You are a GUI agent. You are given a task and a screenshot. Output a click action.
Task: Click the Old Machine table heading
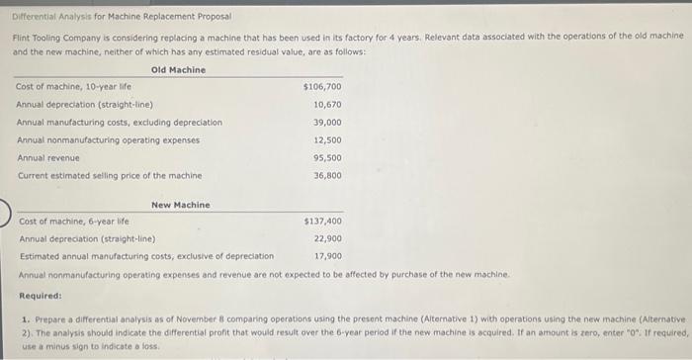[x=178, y=70]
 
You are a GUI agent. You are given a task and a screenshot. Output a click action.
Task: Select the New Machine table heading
[x=180, y=205]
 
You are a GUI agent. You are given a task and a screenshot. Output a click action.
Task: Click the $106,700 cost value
[x=322, y=87]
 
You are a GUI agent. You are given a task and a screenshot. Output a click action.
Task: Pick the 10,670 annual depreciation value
[x=327, y=104]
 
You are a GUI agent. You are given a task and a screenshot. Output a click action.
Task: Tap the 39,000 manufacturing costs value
[x=327, y=123]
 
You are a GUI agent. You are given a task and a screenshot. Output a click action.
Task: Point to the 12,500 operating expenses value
[x=327, y=140]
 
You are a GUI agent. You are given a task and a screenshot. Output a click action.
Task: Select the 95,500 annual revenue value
[x=327, y=158]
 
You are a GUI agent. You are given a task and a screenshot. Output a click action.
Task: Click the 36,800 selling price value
[x=327, y=176]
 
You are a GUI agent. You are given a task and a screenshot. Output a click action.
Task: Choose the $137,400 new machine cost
[x=322, y=222]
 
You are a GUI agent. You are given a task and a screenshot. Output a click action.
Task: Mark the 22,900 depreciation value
[x=327, y=238]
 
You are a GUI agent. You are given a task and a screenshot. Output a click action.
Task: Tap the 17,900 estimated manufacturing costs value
[x=327, y=256]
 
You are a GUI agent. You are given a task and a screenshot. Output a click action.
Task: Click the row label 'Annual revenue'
[x=48, y=158]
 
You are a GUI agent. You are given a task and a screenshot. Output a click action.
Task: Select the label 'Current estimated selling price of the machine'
[x=109, y=176]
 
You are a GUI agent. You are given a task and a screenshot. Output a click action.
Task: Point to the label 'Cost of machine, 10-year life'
[x=72, y=87]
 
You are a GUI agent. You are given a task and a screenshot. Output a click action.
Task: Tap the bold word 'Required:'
[x=41, y=296]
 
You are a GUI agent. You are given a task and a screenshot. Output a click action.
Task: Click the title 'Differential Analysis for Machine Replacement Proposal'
[x=122, y=17]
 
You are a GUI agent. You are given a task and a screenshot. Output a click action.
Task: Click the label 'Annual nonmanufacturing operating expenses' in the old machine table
[x=108, y=140]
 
